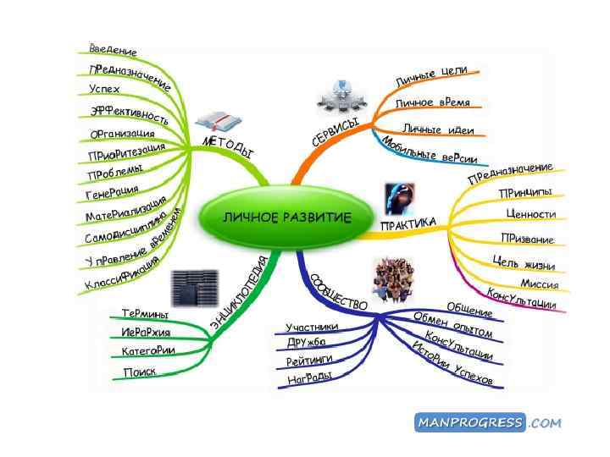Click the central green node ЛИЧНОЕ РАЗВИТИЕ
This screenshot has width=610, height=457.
pyautogui.click(x=286, y=217)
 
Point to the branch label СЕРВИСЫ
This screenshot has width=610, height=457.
pyautogui.click(x=335, y=135)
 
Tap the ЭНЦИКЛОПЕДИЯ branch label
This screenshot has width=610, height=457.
pyautogui.click(x=238, y=292)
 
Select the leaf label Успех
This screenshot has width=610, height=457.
pyautogui.click(x=104, y=88)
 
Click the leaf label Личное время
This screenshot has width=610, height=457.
pyautogui.click(x=432, y=102)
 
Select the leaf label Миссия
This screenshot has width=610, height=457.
pyautogui.click(x=539, y=283)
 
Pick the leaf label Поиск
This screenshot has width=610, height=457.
pyautogui.click(x=139, y=372)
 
